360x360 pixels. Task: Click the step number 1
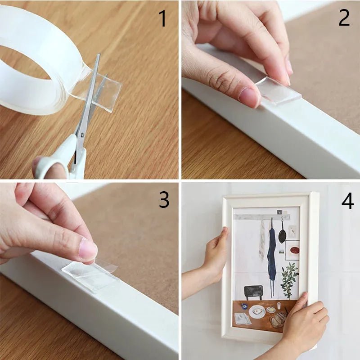point(162,19)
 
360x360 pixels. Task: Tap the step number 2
point(344,18)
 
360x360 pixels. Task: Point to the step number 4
point(347,202)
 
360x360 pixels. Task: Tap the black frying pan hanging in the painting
point(282,235)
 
